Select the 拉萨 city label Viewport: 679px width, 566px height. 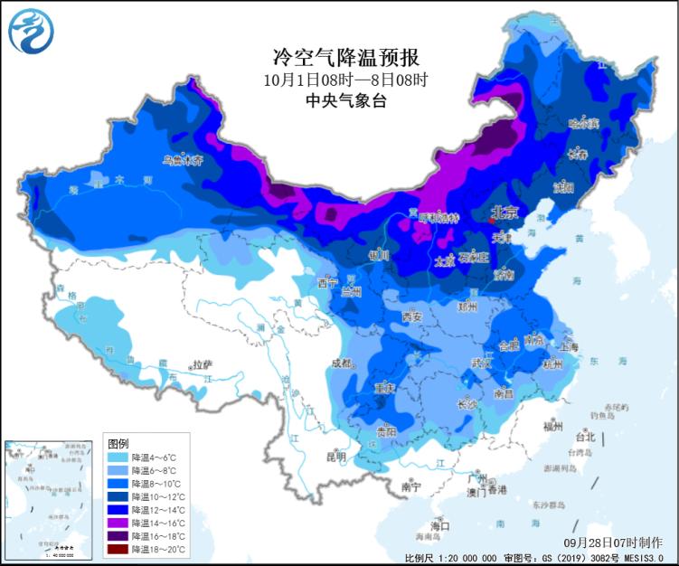(202, 364)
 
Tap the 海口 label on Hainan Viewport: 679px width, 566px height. (440, 525)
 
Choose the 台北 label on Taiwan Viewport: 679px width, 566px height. (585, 436)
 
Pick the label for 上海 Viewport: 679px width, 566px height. (570, 345)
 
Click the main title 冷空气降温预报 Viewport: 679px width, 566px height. (346, 58)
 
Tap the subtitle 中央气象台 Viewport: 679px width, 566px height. (346, 101)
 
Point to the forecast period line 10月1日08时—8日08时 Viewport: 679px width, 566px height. (346, 80)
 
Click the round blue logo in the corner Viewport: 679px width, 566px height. (32, 30)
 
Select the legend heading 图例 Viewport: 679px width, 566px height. (118, 444)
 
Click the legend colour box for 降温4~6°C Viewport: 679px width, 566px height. (118, 458)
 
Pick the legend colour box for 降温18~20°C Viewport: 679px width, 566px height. (118, 549)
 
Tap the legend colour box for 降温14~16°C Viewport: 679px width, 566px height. (118, 523)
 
